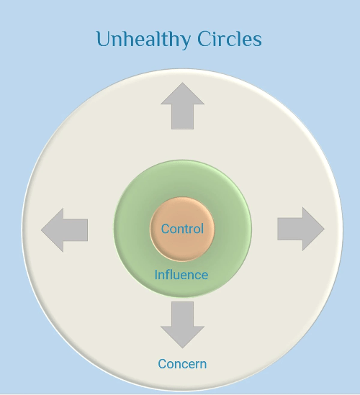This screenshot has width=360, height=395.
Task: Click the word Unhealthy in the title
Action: point(144,40)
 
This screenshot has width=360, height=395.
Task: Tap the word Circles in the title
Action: point(230,39)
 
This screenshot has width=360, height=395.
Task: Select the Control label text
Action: point(182,229)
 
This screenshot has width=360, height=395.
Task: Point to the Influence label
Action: point(181,275)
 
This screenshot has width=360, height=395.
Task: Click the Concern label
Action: point(182,364)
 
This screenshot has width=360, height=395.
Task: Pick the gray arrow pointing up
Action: point(183,106)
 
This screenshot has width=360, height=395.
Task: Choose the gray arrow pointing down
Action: point(183,325)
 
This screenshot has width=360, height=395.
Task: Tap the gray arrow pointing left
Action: point(65,230)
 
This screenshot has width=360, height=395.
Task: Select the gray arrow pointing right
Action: point(301,229)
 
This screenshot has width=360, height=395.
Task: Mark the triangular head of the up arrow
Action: point(183,94)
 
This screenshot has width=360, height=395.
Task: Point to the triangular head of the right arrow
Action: point(313,229)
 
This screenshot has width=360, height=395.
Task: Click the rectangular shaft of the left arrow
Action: point(76,230)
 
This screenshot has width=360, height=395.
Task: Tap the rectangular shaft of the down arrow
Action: point(183,314)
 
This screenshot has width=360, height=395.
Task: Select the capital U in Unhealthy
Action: point(104,39)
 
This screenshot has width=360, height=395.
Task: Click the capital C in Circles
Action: point(204,39)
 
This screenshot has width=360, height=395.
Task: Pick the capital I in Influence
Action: point(156,275)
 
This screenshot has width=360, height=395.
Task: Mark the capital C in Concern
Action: point(163,364)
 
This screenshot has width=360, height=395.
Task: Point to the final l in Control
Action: point(202,229)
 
